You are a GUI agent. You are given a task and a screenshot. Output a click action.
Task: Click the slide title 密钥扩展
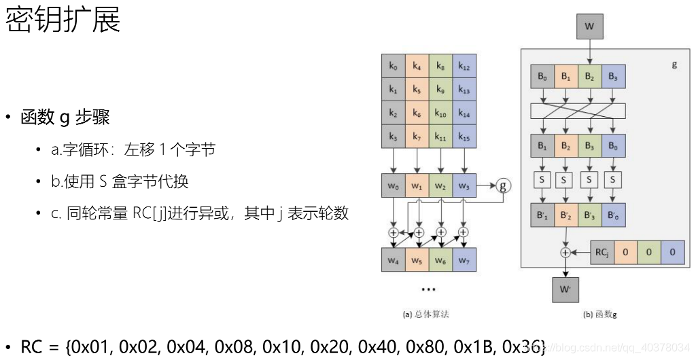click(x=63, y=20)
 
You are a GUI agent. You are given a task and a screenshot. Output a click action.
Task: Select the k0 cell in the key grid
click(x=394, y=66)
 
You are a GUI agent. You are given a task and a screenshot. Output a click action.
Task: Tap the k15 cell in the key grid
click(x=464, y=137)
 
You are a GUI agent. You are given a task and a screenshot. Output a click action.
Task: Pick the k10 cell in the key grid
click(x=440, y=113)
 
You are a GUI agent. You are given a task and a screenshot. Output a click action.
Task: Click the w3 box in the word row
click(x=464, y=185)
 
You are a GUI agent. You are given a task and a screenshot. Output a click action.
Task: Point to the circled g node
click(x=502, y=185)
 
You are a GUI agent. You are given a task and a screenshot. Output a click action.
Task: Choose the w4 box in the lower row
click(x=394, y=259)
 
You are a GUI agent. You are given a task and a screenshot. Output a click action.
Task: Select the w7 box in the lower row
click(x=464, y=259)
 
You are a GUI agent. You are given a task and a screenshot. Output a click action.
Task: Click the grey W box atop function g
click(x=589, y=27)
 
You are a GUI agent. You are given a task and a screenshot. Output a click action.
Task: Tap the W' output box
click(x=565, y=289)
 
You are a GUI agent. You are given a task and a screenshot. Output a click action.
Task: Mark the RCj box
click(x=602, y=252)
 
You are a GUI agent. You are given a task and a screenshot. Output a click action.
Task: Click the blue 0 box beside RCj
click(x=672, y=252)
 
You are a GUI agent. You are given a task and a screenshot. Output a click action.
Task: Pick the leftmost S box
click(x=542, y=180)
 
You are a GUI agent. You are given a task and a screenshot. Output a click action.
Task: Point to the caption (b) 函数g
click(x=600, y=314)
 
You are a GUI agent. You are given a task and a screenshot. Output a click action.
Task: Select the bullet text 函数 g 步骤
click(x=65, y=118)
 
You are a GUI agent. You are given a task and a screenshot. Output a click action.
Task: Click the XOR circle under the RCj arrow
click(x=565, y=252)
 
